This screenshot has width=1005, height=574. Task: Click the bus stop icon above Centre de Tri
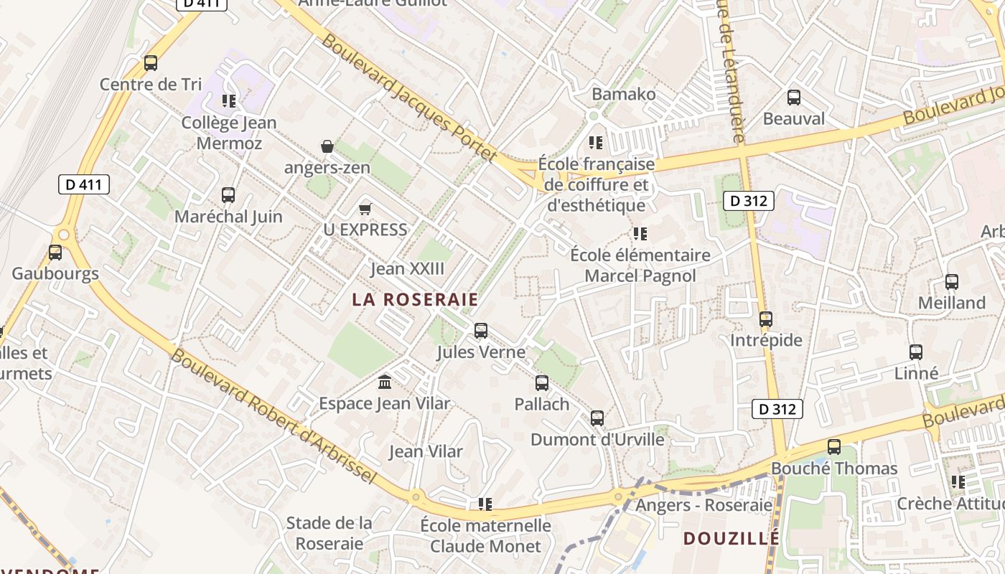click(x=151, y=63)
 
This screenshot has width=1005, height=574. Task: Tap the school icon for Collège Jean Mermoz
click(x=229, y=101)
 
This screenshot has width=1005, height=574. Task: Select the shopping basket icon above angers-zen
click(x=327, y=146)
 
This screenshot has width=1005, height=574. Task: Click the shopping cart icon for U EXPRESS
click(x=365, y=209)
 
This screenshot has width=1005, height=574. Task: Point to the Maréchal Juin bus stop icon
click(x=228, y=194)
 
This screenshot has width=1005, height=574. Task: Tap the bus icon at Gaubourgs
click(x=55, y=253)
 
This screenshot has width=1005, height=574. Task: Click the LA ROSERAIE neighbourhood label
click(x=416, y=299)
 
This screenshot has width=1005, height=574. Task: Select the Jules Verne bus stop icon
click(x=481, y=331)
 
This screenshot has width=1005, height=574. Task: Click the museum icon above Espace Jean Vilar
click(x=385, y=382)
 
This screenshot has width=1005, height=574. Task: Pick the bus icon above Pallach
click(x=542, y=383)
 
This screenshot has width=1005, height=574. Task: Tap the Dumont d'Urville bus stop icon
click(x=597, y=418)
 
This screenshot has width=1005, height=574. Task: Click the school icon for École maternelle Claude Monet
click(x=485, y=504)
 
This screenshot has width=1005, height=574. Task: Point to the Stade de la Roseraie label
click(x=329, y=533)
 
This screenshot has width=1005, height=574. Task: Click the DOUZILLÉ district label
click(x=731, y=538)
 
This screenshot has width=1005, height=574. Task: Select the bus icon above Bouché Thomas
click(x=834, y=447)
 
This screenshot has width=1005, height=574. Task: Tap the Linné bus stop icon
click(x=916, y=352)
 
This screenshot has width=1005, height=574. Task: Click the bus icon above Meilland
click(x=952, y=282)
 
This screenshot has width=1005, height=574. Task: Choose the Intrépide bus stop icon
click(x=766, y=319)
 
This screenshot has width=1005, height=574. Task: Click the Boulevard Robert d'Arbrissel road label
click(x=274, y=416)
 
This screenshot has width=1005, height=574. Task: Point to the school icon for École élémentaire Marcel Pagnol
click(x=640, y=234)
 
